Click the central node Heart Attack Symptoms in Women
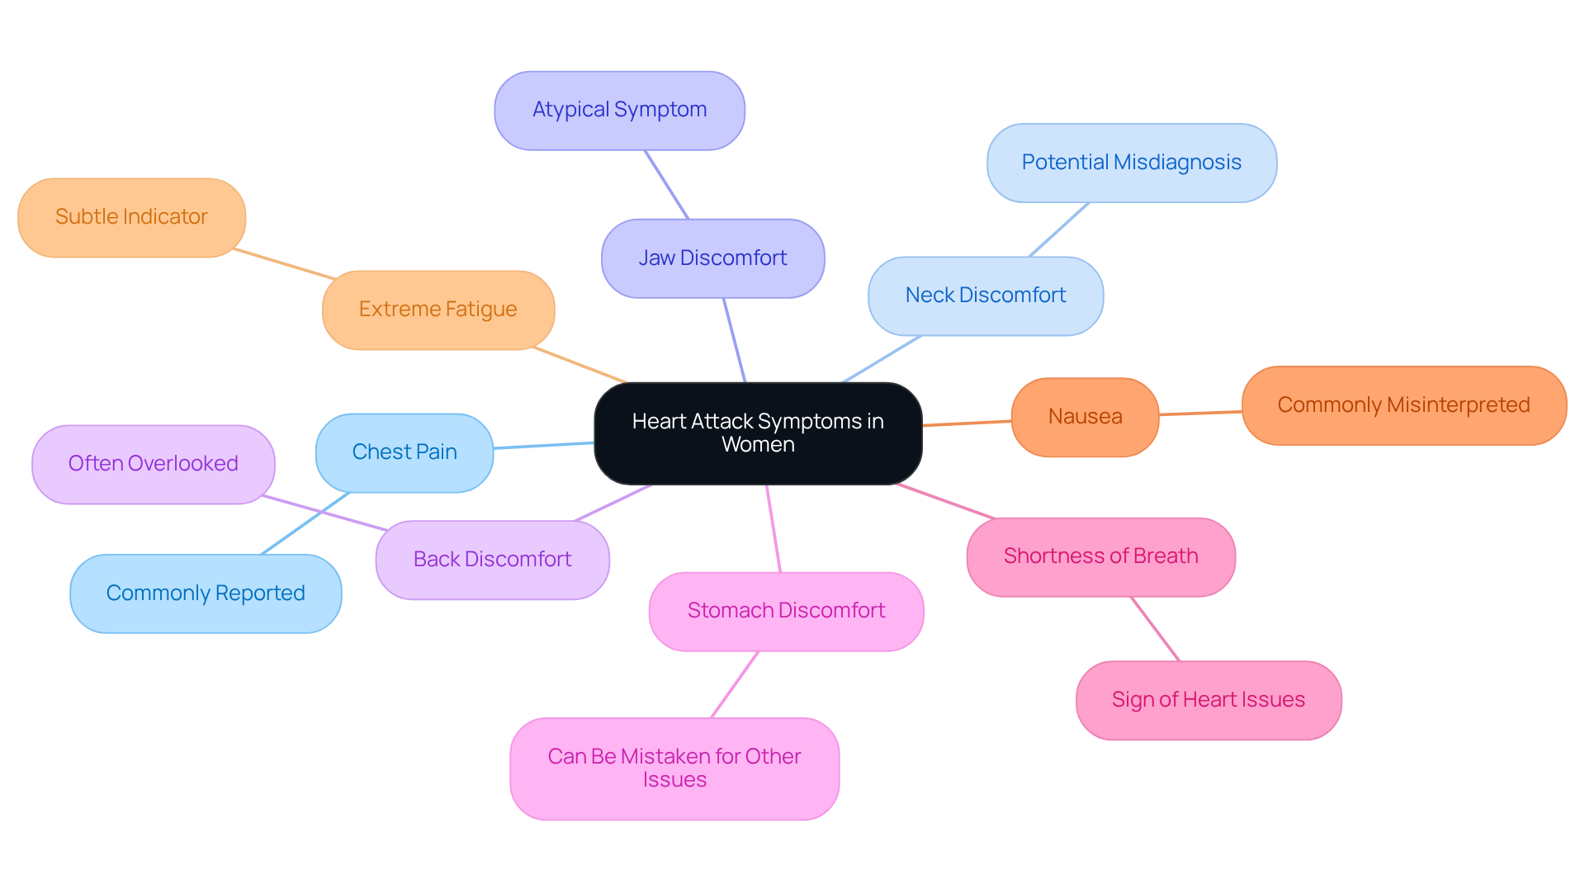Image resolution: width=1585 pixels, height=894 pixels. click(758, 433)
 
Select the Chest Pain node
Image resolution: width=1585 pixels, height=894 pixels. click(405, 452)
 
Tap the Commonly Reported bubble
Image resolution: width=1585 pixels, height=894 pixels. click(206, 594)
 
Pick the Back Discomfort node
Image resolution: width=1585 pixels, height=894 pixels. click(492, 560)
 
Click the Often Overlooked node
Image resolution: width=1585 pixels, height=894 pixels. click(153, 464)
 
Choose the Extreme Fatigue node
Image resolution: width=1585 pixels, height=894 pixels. click(438, 310)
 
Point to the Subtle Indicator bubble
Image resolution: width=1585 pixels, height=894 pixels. click(131, 217)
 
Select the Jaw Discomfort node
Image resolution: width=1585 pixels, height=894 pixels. click(712, 258)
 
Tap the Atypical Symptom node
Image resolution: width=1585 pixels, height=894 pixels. click(619, 110)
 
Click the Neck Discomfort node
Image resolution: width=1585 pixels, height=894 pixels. click(986, 296)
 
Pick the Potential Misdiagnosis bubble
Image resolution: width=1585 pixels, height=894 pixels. click(1131, 163)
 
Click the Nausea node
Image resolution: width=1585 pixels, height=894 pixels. click(1085, 417)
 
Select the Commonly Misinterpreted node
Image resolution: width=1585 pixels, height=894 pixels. click(1403, 405)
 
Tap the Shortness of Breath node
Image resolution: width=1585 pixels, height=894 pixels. click(1100, 556)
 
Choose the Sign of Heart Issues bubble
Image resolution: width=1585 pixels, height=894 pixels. click(1208, 700)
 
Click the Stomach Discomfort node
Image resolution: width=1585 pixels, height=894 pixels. click(786, 611)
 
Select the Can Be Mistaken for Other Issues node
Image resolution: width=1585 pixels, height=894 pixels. click(674, 768)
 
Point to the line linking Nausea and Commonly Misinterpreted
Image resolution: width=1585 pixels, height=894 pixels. click(1200, 413)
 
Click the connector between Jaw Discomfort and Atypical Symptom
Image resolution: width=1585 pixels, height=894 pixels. click(666, 185)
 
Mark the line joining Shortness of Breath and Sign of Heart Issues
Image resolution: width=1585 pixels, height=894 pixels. click(1155, 629)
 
